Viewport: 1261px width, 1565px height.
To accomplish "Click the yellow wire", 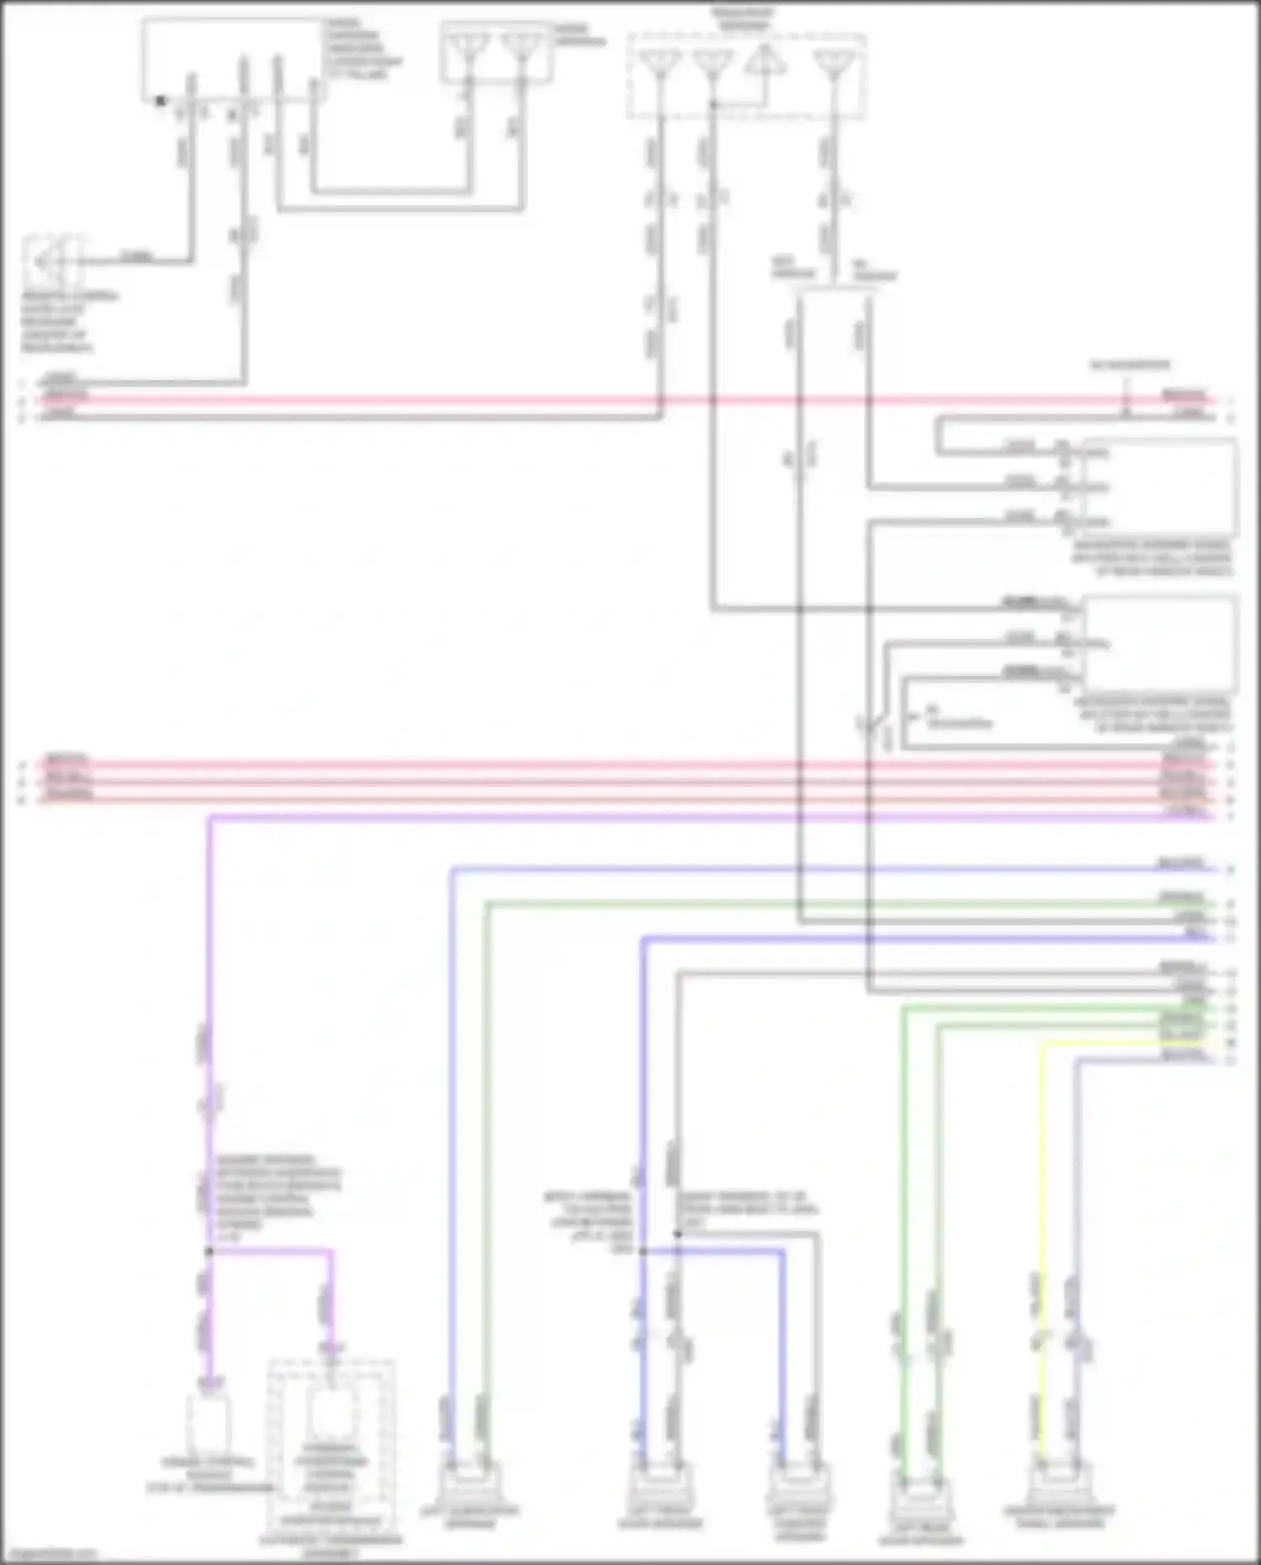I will pos(1042,1177).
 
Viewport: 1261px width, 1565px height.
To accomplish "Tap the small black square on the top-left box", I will pos(161,101).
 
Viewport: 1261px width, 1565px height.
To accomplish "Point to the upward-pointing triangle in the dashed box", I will pos(764,61).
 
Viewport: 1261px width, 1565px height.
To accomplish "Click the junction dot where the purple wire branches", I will pos(208,1251).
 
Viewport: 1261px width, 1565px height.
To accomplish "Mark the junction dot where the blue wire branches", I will pos(643,1251).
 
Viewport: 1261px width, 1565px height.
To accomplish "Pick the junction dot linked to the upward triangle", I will pos(713,104).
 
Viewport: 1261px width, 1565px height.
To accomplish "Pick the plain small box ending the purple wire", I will pos(208,1425).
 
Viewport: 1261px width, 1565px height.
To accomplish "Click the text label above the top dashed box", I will pos(744,19).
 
